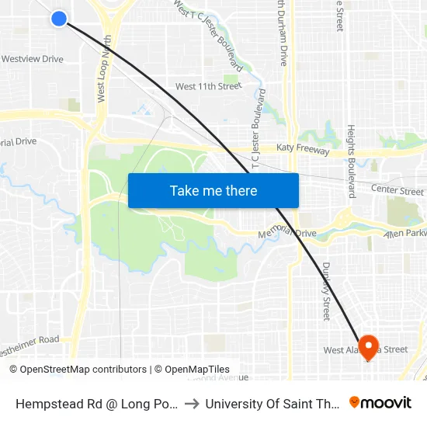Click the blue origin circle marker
point(59,18)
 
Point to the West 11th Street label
point(208,86)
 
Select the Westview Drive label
point(32,59)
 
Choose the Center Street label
point(397,190)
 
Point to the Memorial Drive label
point(286,233)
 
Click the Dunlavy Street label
point(327,290)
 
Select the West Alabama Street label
point(365,350)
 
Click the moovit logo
point(380,402)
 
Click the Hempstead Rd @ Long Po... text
point(96,404)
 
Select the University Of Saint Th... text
point(271,404)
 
